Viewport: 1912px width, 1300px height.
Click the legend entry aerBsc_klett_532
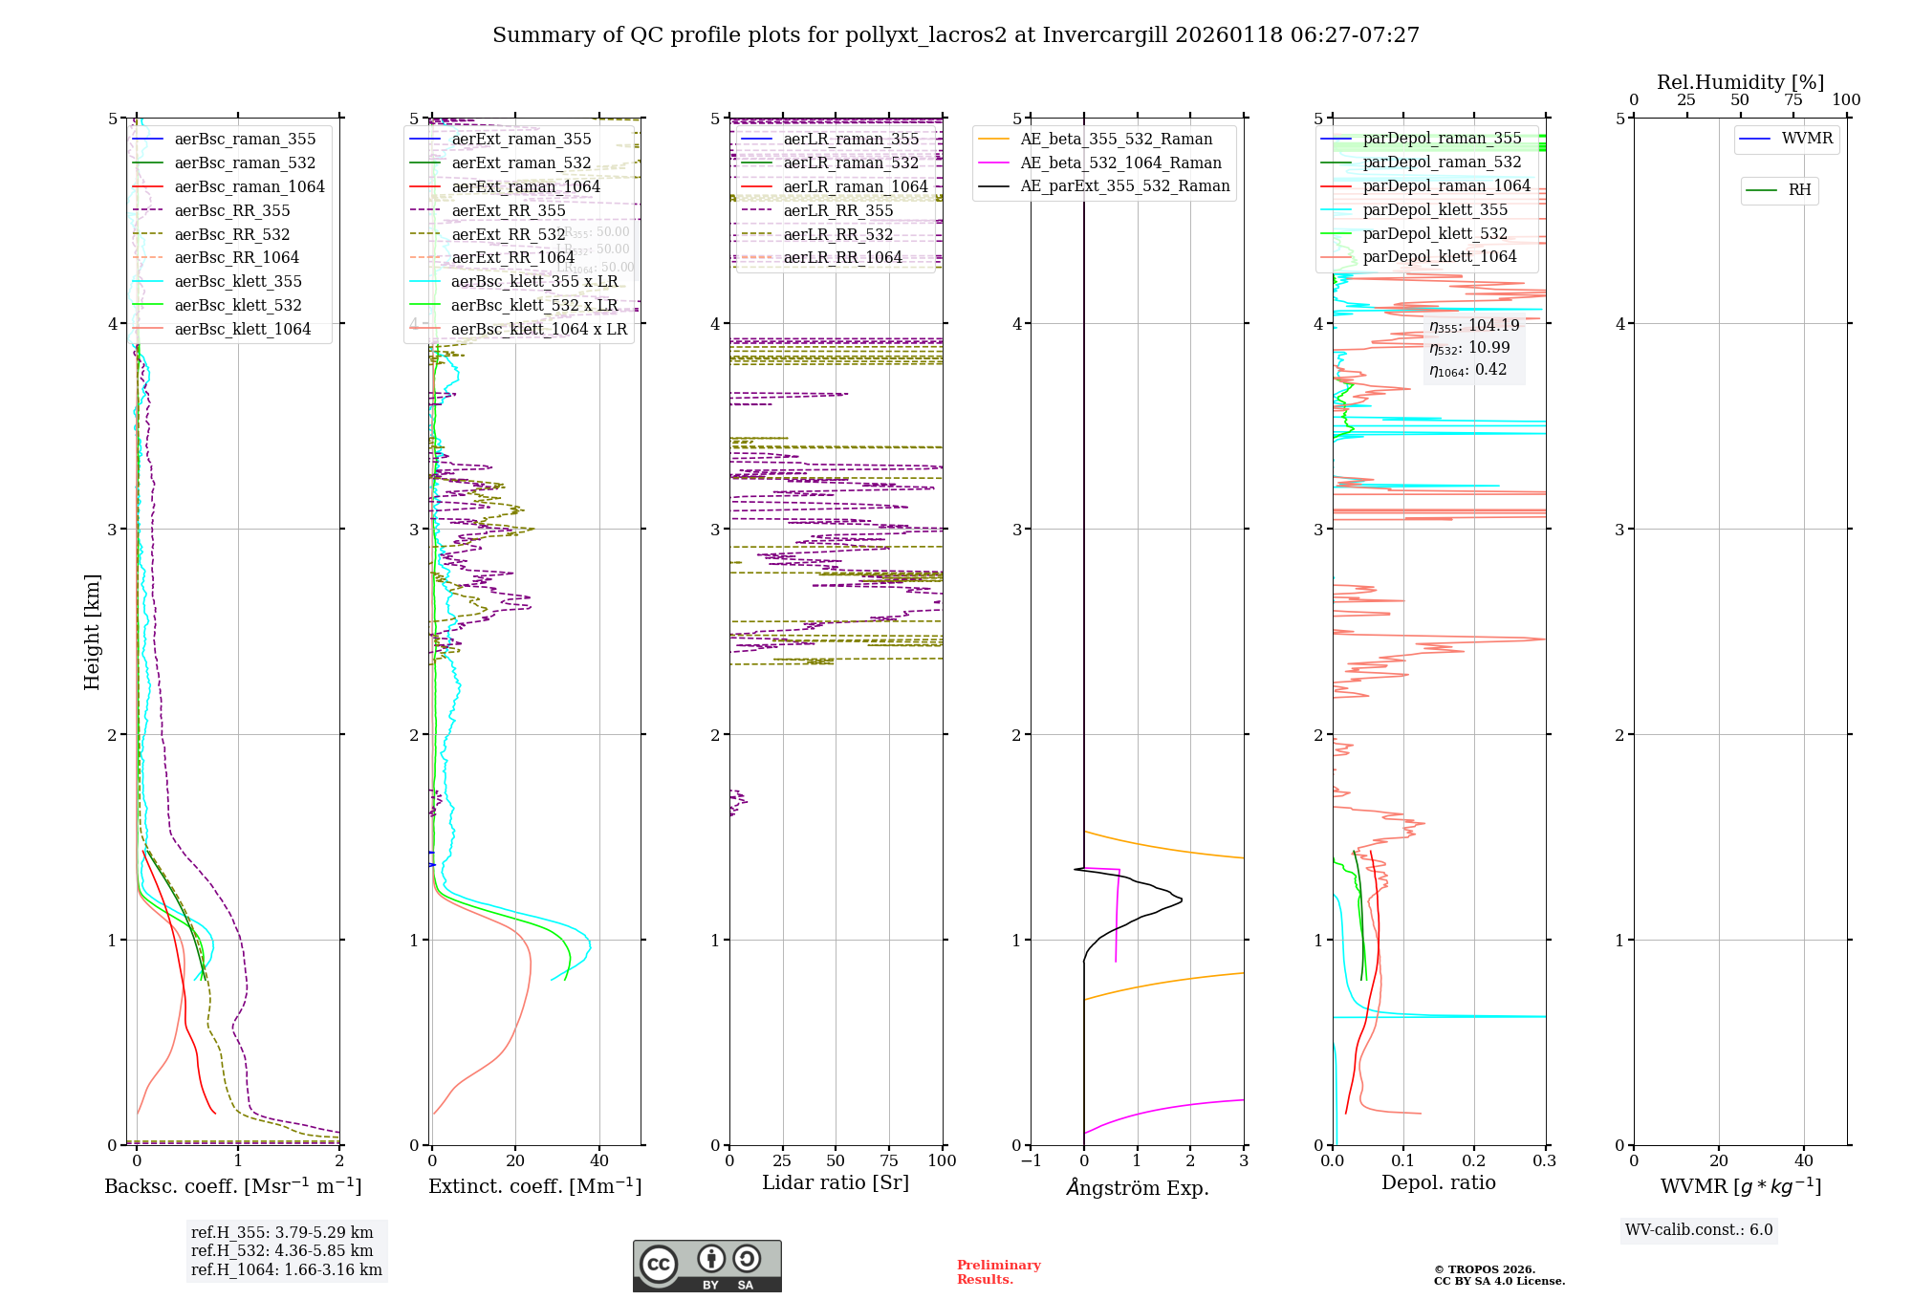click(237, 306)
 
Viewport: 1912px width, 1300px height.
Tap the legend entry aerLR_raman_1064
click(855, 187)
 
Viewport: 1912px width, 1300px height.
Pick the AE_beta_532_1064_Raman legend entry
click(1120, 163)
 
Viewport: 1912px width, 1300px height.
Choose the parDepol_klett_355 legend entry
click(1434, 210)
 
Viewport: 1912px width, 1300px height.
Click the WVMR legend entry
click(1807, 139)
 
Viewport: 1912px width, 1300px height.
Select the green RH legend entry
click(1799, 190)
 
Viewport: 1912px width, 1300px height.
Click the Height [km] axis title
click(92, 632)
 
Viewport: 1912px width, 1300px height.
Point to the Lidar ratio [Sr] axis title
click(835, 1182)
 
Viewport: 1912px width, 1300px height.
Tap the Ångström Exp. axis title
click(1138, 1188)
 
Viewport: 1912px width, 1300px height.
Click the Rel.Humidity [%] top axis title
click(1740, 82)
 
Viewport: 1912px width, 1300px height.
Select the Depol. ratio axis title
click(1438, 1182)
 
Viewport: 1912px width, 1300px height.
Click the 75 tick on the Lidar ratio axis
click(889, 1160)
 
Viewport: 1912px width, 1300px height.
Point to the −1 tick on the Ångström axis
click(1031, 1160)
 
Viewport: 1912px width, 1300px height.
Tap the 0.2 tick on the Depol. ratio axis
click(1474, 1160)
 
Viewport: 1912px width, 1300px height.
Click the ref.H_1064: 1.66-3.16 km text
click(286, 1270)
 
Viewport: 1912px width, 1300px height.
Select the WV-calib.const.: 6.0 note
click(1699, 1230)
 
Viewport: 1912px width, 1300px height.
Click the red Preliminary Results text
click(998, 1272)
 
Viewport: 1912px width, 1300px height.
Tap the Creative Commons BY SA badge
click(706, 1266)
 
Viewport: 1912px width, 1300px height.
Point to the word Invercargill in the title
click(1105, 35)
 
